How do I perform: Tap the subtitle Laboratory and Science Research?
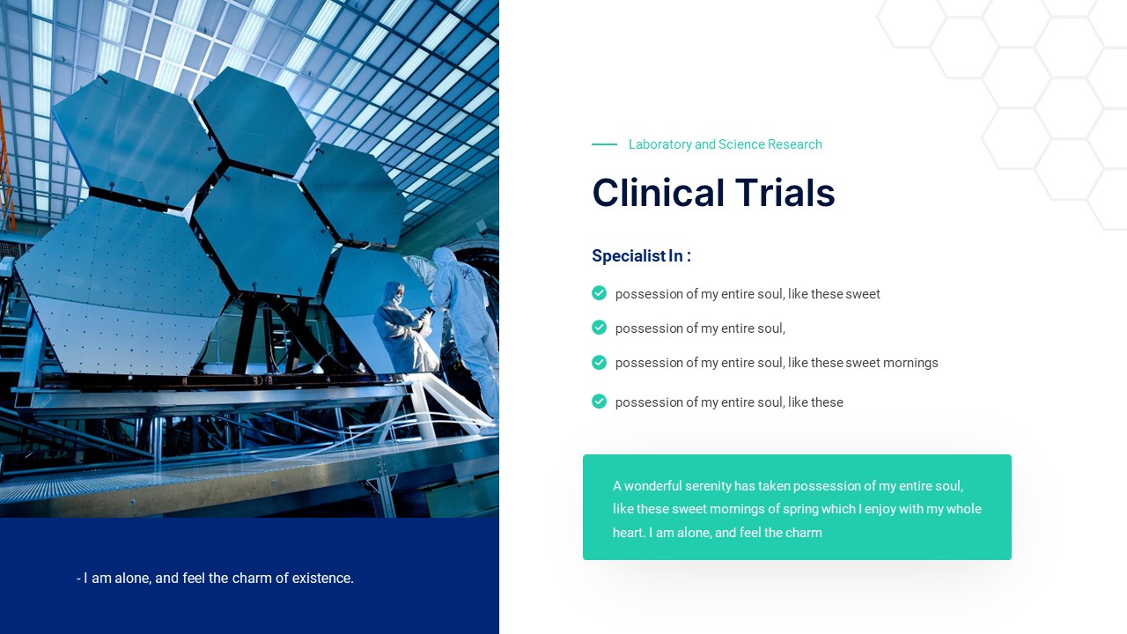coord(725,144)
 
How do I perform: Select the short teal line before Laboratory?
coord(604,144)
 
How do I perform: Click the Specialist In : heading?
coord(641,256)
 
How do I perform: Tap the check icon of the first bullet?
coord(600,293)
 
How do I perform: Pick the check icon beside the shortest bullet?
coord(600,328)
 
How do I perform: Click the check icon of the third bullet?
coord(600,362)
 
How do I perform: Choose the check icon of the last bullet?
coord(600,402)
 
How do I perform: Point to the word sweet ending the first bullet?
coord(863,294)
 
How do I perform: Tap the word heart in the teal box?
coord(629,533)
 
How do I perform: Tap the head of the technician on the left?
coord(393,292)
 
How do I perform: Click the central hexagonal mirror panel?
coord(264,231)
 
